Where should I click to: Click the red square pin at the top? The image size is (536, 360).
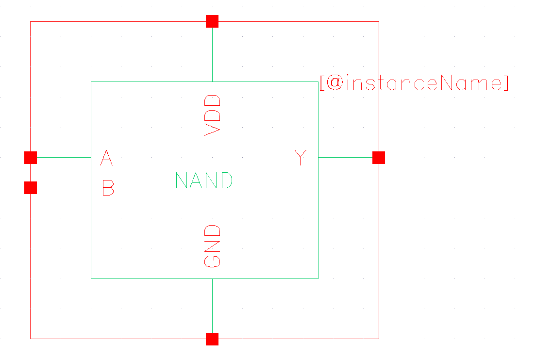coord(212,21)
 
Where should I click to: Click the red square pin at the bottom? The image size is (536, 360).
coord(212,339)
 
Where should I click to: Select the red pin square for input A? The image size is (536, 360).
coord(31,158)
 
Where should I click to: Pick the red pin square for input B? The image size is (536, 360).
coord(31,188)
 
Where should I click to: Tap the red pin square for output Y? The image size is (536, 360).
coord(379,158)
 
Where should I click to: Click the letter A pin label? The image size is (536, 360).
coord(107,158)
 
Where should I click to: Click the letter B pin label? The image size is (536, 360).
coord(108,188)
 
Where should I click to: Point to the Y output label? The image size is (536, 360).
coord(301,158)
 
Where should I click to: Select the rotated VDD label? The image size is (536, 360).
coord(213,115)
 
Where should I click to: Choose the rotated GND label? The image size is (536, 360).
coord(213,245)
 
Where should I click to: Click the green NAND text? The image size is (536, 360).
coord(204,181)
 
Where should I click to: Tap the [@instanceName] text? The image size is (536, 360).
coord(414,83)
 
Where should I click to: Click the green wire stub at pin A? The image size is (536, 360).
coord(64,158)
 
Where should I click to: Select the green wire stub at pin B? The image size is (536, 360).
coord(64,188)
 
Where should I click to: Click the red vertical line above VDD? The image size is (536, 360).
coord(213,53)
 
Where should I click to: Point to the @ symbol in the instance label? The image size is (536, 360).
coord(335,83)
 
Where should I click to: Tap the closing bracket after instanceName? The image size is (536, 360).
coord(506,83)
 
